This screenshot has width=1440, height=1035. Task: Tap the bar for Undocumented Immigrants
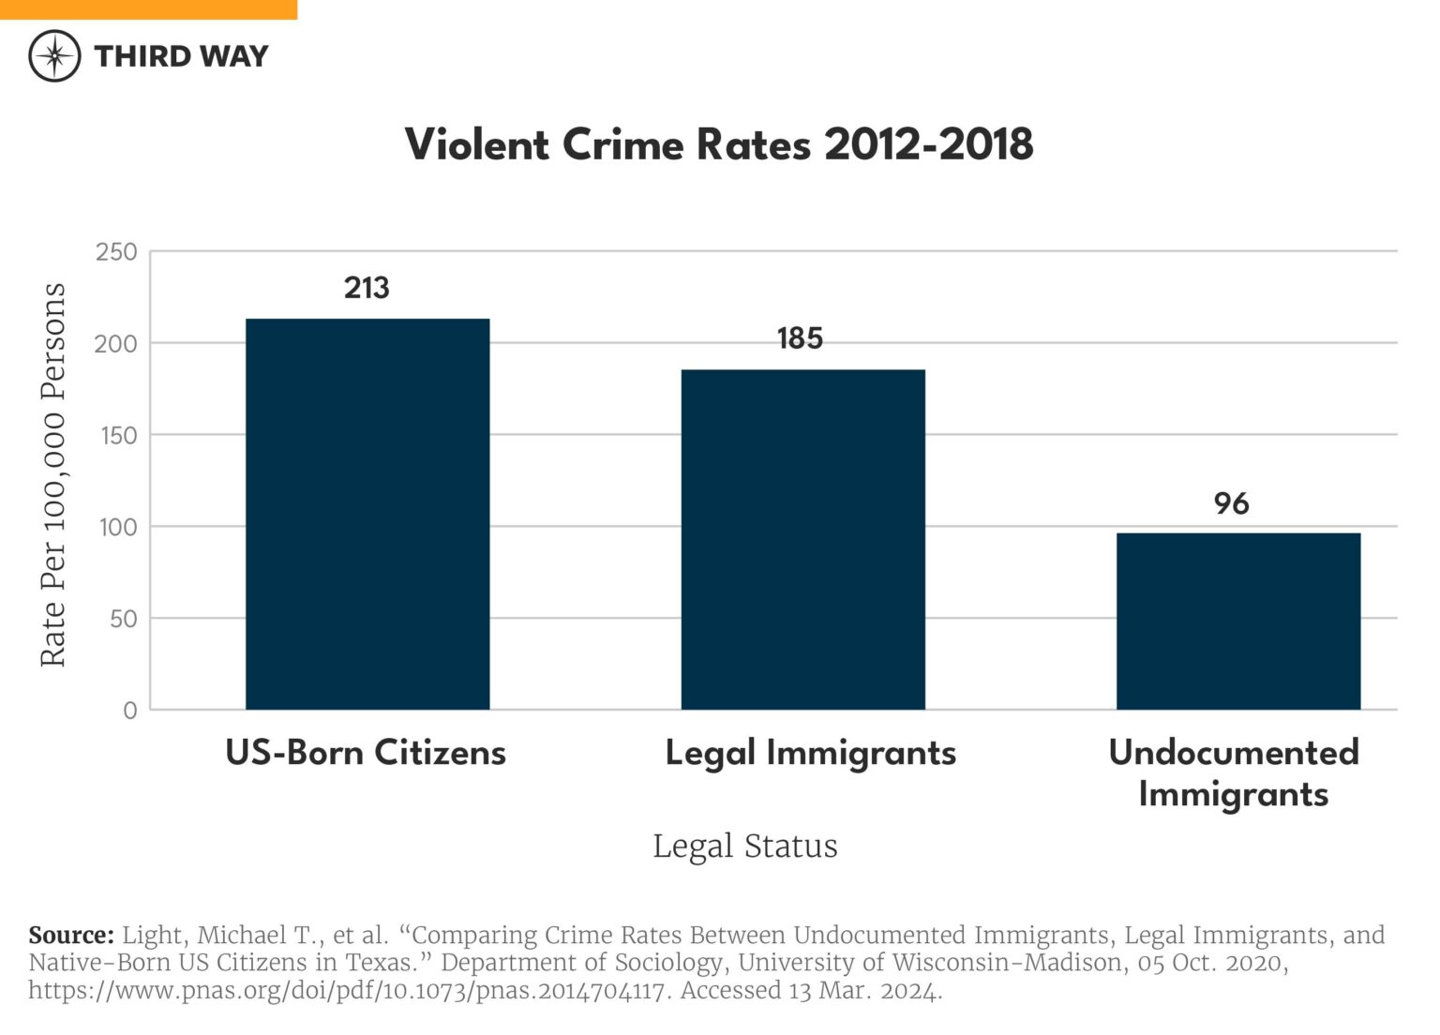1237,621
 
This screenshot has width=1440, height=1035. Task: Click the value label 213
367,288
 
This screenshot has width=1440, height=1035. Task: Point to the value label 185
800,338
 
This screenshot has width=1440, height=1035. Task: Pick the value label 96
1231,503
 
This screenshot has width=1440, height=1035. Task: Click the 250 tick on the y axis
116,252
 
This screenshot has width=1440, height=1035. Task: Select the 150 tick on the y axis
117,435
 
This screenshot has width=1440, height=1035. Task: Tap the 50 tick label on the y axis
123,619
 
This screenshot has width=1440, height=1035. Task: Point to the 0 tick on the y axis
130,711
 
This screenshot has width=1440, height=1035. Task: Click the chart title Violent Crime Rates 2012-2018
719,145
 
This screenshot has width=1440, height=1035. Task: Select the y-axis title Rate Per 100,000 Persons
53,474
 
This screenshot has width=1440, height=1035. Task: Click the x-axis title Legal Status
745,846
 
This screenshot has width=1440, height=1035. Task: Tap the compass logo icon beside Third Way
54,56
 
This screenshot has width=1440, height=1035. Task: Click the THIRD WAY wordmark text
181,56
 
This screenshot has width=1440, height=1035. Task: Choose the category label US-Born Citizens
366,753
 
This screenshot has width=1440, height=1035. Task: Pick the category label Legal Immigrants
811,753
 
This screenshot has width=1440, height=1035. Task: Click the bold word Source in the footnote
70,936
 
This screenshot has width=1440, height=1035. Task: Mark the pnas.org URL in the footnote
347,991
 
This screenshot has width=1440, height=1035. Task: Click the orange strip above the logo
148,9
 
